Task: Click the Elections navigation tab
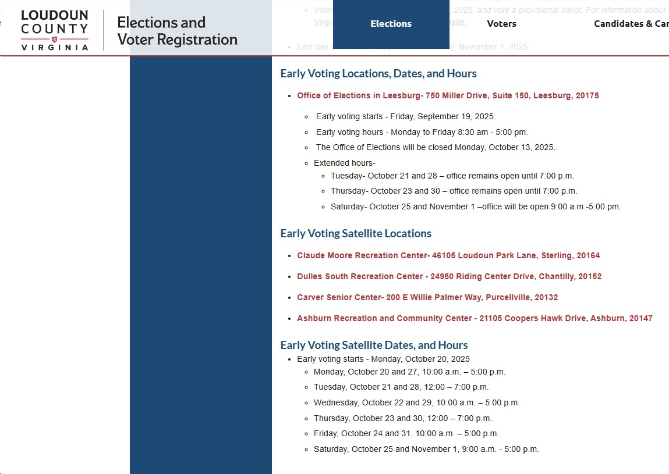(x=391, y=24)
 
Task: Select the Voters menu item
(x=501, y=24)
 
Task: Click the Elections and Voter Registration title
(x=177, y=31)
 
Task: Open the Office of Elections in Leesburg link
(x=448, y=95)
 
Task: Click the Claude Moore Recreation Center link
(x=448, y=255)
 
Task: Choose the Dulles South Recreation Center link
(x=449, y=276)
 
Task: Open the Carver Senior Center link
(x=427, y=297)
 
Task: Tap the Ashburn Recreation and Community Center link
(x=475, y=318)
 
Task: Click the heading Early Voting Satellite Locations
(x=356, y=233)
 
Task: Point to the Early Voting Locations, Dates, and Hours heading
(x=378, y=74)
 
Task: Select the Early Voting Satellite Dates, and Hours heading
(x=374, y=345)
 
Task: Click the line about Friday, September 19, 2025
(x=406, y=116)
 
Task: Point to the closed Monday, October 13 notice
(x=437, y=147)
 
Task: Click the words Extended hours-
(x=345, y=163)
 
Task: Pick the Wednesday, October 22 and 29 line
(x=416, y=402)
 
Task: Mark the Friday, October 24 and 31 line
(x=406, y=433)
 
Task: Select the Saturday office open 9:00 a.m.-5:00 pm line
(x=476, y=206)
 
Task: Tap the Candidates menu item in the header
(x=631, y=24)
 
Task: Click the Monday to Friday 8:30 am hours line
(x=422, y=132)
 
